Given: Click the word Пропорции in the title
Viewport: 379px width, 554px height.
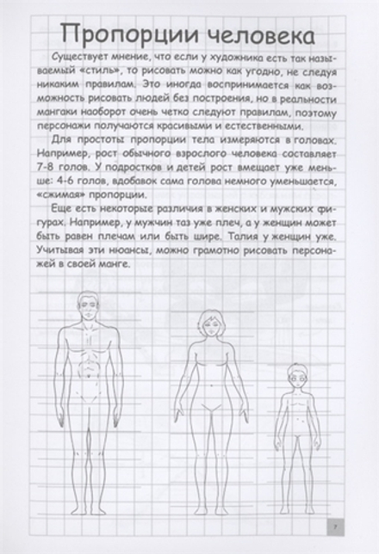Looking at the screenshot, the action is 120,34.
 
